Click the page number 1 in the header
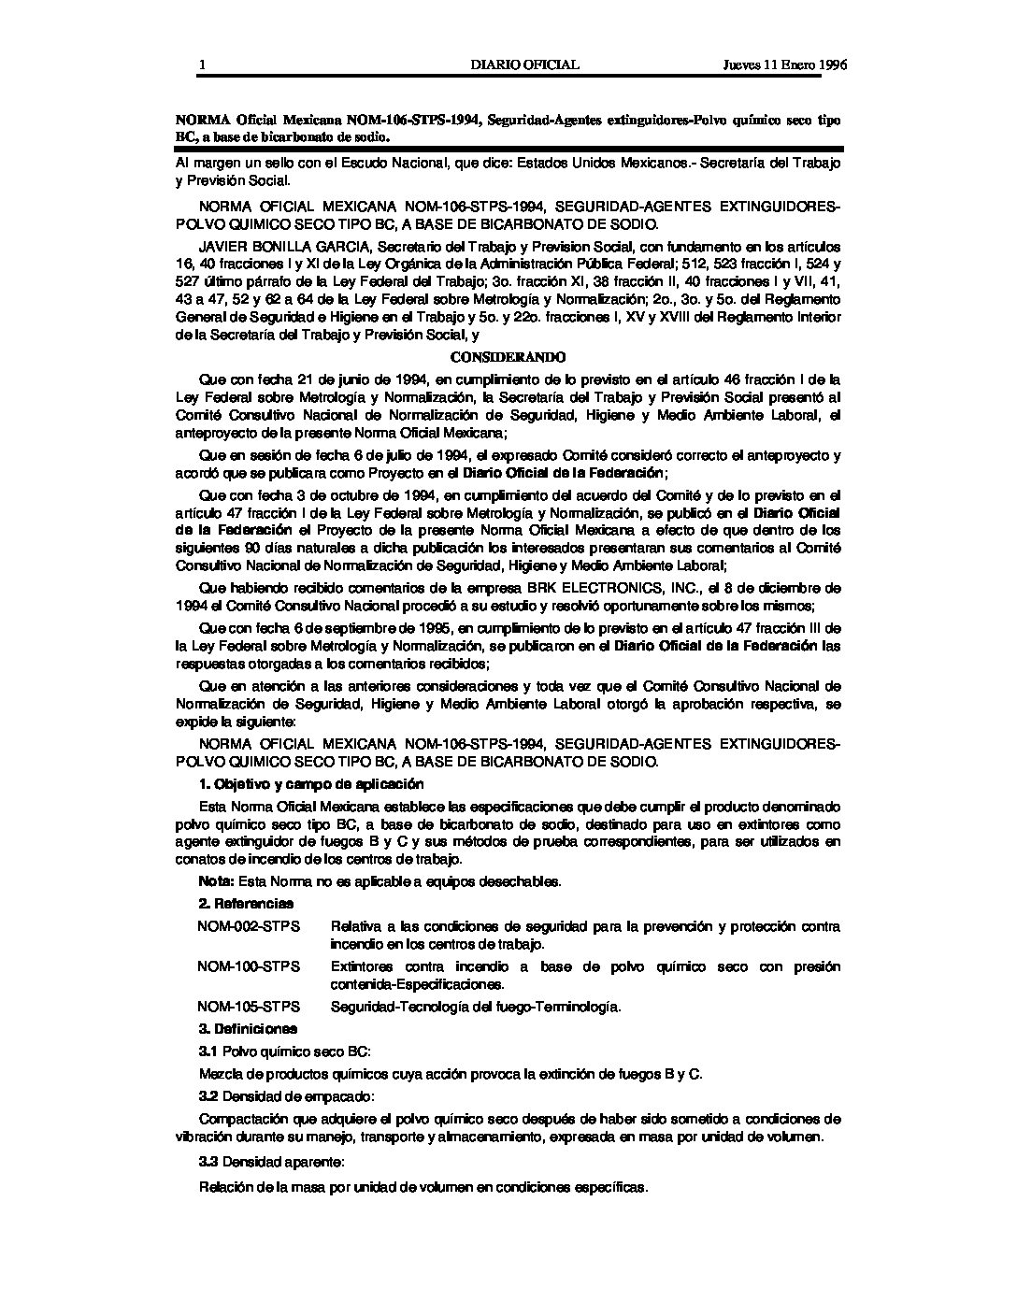(x=201, y=65)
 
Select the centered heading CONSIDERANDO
(x=508, y=357)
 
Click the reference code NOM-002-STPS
(x=249, y=926)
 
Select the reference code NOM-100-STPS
(x=249, y=966)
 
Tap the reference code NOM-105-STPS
(x=249, y=1007)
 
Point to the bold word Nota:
(x=217, y=881)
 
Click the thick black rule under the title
(x=508, y=149)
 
